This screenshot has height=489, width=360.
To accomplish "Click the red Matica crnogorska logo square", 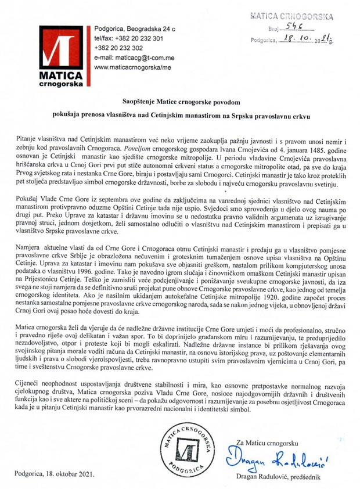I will (60, 52).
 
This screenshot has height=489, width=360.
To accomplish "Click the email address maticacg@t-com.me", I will (125, 58).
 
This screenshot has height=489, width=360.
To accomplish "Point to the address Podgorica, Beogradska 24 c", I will (134, 28).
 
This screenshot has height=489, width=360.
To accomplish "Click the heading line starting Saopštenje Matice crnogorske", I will (181, 100).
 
